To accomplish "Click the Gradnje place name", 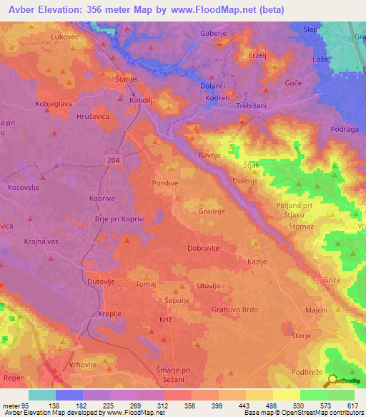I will (x=212, y=211).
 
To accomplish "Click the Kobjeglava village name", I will (x=52, y=103).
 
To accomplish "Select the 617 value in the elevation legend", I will (x=352, y=406).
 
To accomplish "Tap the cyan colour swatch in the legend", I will (x=42, y=395).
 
